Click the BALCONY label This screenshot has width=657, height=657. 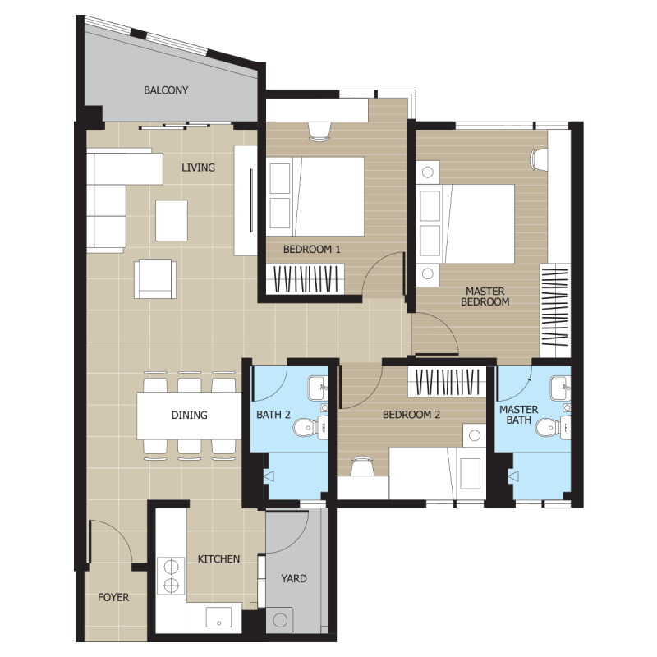tap(166, 90)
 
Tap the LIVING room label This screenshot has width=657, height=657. tap(198, 168)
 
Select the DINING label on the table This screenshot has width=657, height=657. tap(190, 416)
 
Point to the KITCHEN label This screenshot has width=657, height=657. tap(218, 559)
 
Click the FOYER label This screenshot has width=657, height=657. tap(113, 598)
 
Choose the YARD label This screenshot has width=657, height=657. tap(294, 579)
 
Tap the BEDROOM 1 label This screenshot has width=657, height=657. tap(312, 250)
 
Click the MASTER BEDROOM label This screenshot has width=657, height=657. tap(485, 296)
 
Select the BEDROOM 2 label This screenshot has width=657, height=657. tap(411, 415)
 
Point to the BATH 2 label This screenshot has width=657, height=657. tap(273, 415)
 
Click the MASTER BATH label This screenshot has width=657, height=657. tap(519, 415)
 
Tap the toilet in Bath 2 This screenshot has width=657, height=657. tap(311, 428)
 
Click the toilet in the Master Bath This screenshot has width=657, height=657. tap(553, 428)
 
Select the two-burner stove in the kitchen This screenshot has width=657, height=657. tap(171, 576)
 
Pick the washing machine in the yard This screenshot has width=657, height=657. tap(279, 620)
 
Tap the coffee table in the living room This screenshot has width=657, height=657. tap(172, 220)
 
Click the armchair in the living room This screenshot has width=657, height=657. tap(155, 278)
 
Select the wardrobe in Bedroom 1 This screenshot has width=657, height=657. tap(306, 279)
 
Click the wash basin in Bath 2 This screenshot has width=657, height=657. tap(318, 388)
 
